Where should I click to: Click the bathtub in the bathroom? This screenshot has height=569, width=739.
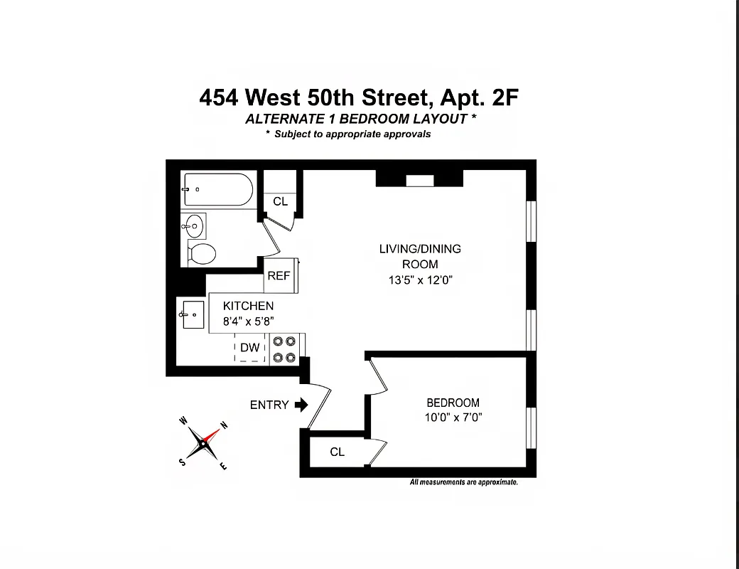[217, 190]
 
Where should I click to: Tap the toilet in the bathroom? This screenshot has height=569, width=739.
[203, 252]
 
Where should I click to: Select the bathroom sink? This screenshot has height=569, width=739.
[193, 227]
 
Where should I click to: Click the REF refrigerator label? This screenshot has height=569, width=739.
[279, 276]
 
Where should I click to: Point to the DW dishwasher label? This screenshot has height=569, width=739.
[249, 348]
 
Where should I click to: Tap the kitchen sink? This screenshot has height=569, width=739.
[193, 314]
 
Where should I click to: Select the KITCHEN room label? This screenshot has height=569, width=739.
[248, 306]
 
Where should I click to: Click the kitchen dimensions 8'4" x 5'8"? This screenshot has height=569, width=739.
[248, 320]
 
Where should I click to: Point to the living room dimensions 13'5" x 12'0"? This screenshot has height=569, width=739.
[419, 280]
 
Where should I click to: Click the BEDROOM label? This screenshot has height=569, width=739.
[453, 403]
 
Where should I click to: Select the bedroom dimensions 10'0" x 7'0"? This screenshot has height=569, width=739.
[453, 418]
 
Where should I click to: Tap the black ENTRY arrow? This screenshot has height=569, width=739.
[301, 405]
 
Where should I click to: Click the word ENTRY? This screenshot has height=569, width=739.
[269, 405]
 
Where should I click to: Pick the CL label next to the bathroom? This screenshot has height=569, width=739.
[281, 201]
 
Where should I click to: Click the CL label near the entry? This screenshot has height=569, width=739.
[337, 452]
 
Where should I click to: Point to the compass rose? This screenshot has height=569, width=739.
[204, 443]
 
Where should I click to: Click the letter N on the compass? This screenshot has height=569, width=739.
[225, 425]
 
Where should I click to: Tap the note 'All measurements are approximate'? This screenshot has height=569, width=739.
[463, 482]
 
